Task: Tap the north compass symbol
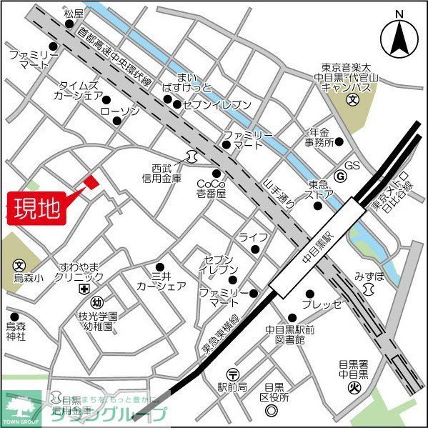(x=399, y=36)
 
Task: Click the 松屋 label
(x=74, y=13)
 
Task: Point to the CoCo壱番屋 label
(x=211, y=188)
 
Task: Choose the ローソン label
(x=119, y=111)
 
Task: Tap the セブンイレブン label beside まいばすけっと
(x=217, y=104)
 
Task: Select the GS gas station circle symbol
(x=341, y=176)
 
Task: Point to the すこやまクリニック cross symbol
(x=84, y=289)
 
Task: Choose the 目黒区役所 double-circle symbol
(x=271, y=410)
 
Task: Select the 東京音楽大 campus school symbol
(x=352, y=100)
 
